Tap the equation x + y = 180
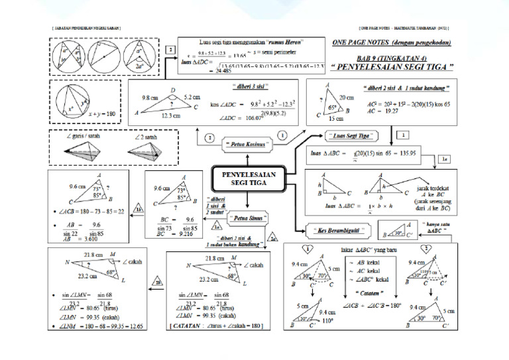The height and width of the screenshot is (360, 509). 101,114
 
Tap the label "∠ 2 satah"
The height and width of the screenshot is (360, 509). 143,137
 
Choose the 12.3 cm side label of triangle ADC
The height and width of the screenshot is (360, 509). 170,116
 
